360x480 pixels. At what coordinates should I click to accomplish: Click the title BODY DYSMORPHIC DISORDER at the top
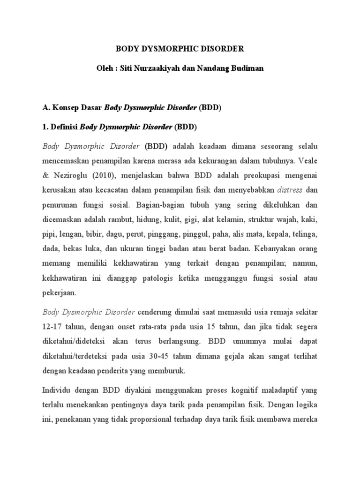(180, 48)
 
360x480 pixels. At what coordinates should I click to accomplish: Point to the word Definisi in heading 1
(63, 127)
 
